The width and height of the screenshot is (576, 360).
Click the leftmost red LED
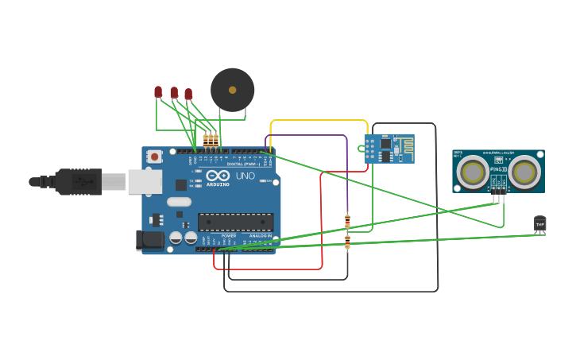[158, 92]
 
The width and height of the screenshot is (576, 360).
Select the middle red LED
[174, 93]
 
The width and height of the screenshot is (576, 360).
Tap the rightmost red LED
[188, 94]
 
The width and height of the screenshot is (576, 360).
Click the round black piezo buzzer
[232, 90]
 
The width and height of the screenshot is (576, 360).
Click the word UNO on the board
[245, 176]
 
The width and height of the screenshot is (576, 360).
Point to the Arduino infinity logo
[218, 176]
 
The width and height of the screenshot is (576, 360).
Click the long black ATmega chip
[235, 223]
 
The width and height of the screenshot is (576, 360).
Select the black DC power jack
[149, 240]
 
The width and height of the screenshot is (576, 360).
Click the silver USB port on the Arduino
[145, 182]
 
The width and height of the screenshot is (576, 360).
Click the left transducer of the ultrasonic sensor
[474, 172]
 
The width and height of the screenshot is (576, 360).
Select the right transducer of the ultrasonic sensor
[524, 172]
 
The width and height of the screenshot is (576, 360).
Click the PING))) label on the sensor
[498, 169]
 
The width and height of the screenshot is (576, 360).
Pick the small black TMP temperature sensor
[540, 224]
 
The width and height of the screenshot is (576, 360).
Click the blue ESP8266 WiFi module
[389, 149]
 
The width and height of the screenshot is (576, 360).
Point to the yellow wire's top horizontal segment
[318, 121]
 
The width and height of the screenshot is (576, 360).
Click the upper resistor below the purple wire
[347, 220]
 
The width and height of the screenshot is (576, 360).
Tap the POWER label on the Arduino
[229, 236]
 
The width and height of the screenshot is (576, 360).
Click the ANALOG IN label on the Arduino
[260, 236]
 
